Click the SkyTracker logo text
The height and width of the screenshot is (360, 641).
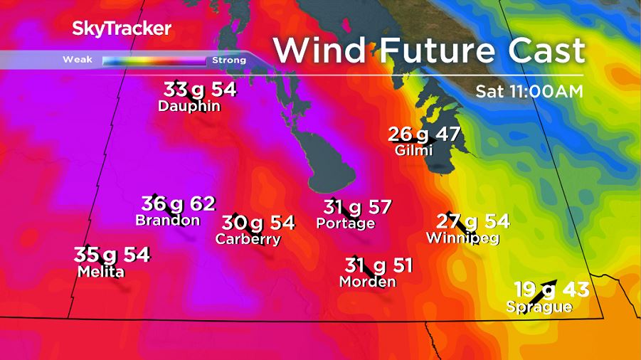coord(122,29)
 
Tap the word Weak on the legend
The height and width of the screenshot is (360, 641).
coord(75,60)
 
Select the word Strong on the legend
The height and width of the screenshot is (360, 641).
coord(229,60)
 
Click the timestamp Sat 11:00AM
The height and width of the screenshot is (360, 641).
coord(529,91)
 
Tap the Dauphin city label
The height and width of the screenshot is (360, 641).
coord(189,107)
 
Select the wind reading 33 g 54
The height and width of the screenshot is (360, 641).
coord(199,90)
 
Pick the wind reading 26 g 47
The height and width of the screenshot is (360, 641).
coord(425,134)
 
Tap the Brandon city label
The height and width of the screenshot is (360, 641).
coord(167,221)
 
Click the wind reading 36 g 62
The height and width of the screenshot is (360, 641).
coord(178,204)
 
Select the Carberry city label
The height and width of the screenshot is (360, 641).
coord(248,239)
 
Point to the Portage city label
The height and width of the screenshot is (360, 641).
coord(346,223)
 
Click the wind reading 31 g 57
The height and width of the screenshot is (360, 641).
coord(357,207)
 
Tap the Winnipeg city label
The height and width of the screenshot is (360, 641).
coord(462,238)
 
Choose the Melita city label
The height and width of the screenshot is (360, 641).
coord(100,272)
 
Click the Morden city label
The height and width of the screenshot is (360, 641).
coord(367,282)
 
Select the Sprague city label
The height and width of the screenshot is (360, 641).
coord(539,307)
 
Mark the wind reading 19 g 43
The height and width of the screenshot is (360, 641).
coord(552,290)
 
